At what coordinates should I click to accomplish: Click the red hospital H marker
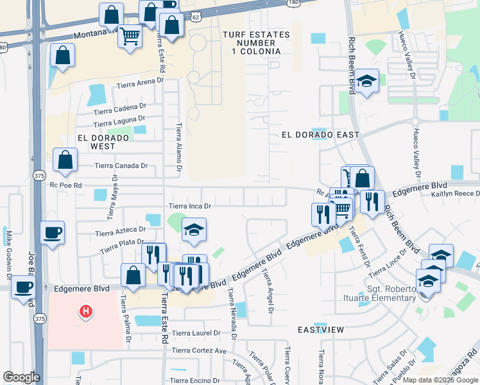pos(84,312)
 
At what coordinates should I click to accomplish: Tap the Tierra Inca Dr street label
pos(190,206)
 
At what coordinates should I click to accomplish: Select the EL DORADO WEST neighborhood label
pos(98,142)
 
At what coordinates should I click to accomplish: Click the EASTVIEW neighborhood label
pos(321,329)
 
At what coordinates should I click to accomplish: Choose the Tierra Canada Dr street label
pos(121,166)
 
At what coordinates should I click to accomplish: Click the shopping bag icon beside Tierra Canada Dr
pos(65,160)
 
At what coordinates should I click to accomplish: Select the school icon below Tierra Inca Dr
pos(194,230)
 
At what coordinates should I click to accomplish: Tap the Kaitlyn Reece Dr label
pos(455,194)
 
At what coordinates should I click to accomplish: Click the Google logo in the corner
pos(21,377)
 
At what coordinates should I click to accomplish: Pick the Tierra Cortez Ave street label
pos(200,351)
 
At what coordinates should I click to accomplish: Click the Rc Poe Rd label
pos(66,185)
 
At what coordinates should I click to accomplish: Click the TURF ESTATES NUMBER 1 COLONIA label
pos(252,42)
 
